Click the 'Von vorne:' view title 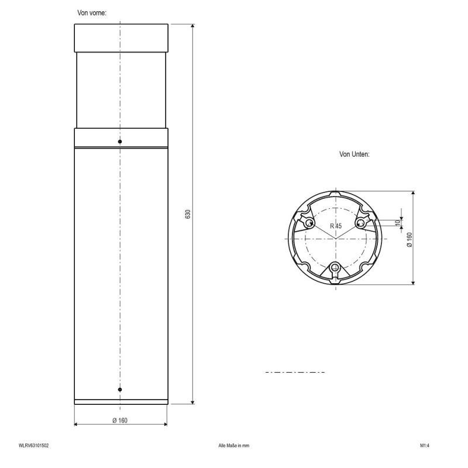pyautogui.click(x=92, y=13)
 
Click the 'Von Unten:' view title pyautogui.click(x=355, y=154)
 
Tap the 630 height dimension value pyautogui.click(x=188, y=214)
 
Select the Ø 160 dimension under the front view pyautogui.click(x=120, y=420)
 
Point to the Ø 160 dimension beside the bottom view pyautogui.click(x=409, y=239)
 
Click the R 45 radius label pyautogui.click(x=336, y=226)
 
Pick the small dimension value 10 pyautogui.click(x=397, y=223)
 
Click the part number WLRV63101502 pyautogui.click(x=34, y=446)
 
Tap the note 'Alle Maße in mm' pyautogui.click(x=233, y=446)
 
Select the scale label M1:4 pyautogui.click(x=425, y=446)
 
